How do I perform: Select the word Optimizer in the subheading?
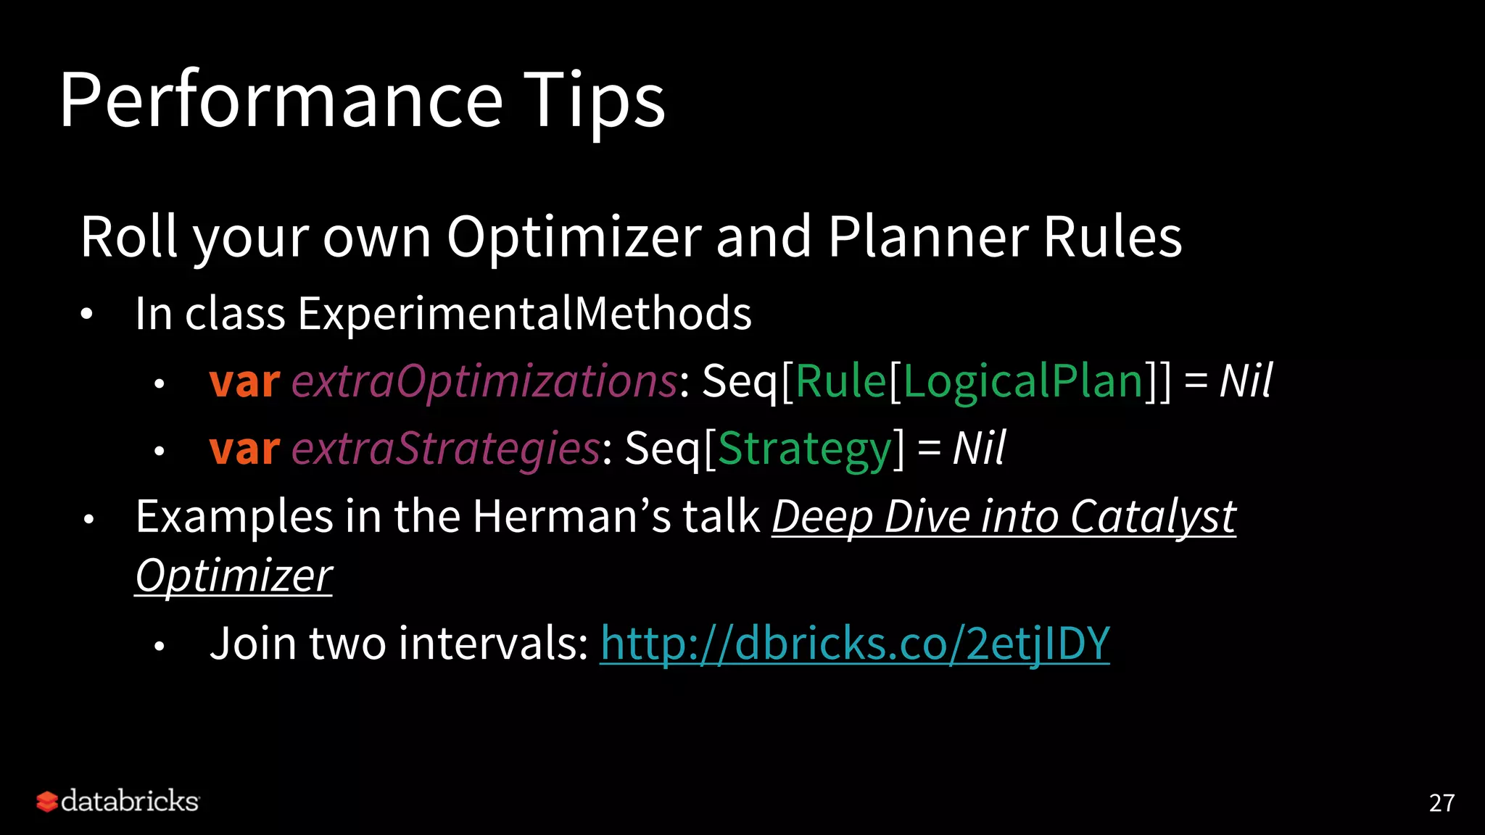click(x=574, y=237)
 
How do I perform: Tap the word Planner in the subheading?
click(x=928, y=237)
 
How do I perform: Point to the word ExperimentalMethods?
click(x=524, y=314)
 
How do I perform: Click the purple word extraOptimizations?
click(x=484, y=381)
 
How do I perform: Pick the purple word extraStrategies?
click(x=446, y=449)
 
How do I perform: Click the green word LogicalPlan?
click(x=1023, y=381)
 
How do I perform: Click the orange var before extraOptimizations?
click(x=244, y=381)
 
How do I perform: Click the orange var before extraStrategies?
click(x=244, y=449)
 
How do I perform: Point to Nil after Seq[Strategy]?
click(x=979, y=449)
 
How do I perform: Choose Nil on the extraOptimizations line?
click(x=1246, y=381)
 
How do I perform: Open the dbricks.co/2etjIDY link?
click(x=855, y=643)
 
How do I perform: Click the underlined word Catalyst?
click(x=1153, y=517)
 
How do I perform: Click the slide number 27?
click(x=1441, y=802)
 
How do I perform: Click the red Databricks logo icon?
click(x=47, y=802)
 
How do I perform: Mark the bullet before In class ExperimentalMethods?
click(x=87, y=315)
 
